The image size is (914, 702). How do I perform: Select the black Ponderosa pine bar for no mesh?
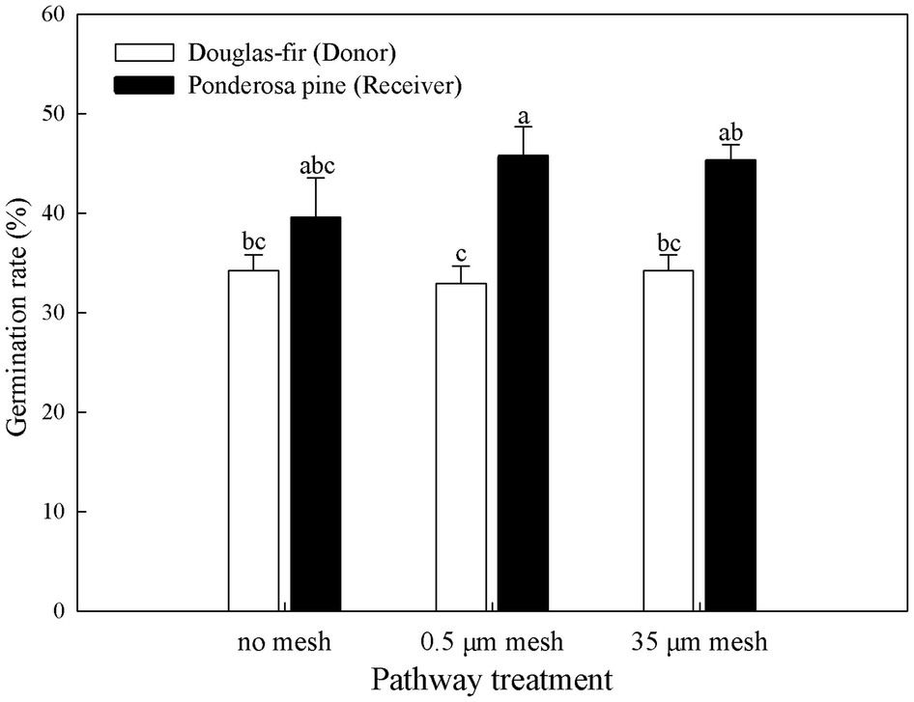(315, 414)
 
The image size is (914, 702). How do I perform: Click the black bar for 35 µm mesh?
(730, 385)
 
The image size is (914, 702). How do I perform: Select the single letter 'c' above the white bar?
(461, 255)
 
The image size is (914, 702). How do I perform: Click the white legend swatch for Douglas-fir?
(143, 52)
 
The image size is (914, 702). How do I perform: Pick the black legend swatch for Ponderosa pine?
(143, 85)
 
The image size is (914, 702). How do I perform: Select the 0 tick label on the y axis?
(58, 611)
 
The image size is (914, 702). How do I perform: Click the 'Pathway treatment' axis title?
(492, 679)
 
